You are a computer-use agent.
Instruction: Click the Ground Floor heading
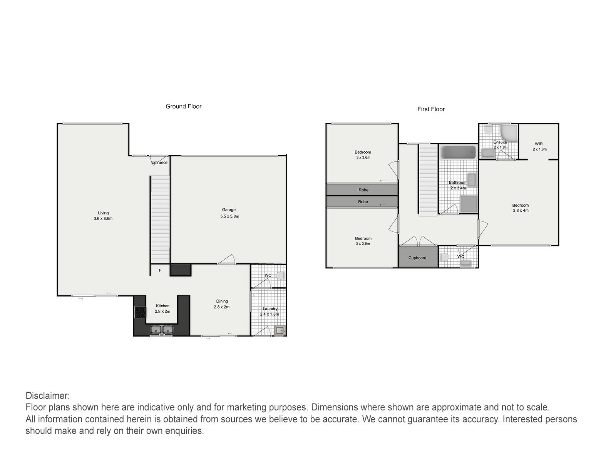pyautogui.click(x=183, y=106)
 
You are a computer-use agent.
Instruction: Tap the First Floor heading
pyautogui.click(x=431, y=109)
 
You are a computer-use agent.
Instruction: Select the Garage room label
pyautogui.click(x=229, y=210)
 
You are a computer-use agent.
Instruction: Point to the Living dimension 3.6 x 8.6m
pyautogui.click(x=103, y=219)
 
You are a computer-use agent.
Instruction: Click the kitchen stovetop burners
pyautogui.click(x=140, y=313)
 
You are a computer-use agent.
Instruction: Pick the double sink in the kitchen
pyautogui.click(x=162, y=330)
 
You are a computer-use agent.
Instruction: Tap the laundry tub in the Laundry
pyautogui.click(x=280, y=331)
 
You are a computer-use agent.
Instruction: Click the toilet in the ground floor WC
pyautogui.click(x=280, y=276)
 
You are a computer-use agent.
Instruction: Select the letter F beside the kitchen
pyautogui.click(x=160, y=270)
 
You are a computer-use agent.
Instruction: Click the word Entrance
pyautogui.click(x=159, y=162)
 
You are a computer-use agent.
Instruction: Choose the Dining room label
pyautogui.click(x=222, y=301)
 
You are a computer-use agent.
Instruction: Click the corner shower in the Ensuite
pyautogui.click(x=509, y=133)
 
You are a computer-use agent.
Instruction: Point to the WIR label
pyautogui.click(x=539, y=144)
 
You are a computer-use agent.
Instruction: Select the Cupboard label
pyautogui.click(x=417, y=258)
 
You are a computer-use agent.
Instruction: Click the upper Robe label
pyautogui.click(x=363, y=190)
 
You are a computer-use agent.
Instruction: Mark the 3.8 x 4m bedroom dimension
pyautogui.click(x=521, y=210)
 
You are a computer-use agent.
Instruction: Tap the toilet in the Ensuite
pyautogui.click(x=488, y=129)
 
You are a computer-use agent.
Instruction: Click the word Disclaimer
pyautogui.click(x=48, y=396)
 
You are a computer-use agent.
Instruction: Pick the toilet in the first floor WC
pyautogui.click(x=444, y=257)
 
